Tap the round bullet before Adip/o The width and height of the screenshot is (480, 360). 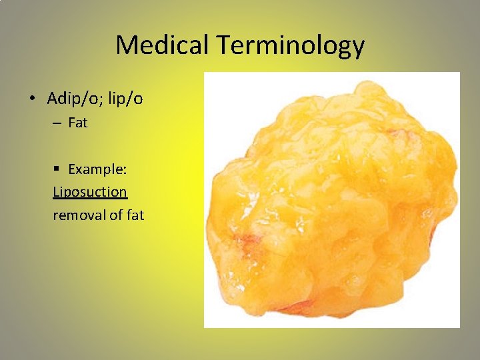pos(32,99)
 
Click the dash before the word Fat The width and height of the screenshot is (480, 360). pos(58,123)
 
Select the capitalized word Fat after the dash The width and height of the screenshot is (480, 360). pos(77,123)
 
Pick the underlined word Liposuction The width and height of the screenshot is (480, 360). pos(90,192)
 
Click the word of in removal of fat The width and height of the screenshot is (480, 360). pos(114,215)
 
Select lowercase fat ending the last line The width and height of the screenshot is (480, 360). pos(134,215)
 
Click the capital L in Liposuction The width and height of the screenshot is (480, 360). pos(56,192)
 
